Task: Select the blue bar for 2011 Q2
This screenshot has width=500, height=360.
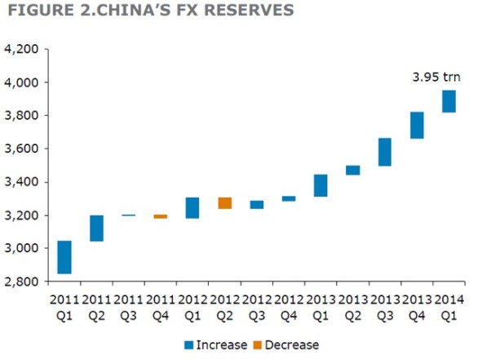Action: [96, 229]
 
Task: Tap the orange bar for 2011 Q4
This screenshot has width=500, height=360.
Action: [160, 216]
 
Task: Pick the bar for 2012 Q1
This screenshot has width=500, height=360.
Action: [192, 208]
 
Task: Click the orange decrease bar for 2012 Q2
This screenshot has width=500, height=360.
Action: [224, 203]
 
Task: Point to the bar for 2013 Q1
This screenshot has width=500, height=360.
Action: [321, 185]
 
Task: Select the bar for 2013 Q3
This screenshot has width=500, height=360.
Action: [385, 152]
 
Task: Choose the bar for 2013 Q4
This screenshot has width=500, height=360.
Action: [417, 125]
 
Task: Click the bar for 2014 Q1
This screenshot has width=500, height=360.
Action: [449, 101]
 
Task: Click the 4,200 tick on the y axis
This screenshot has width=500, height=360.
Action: [22, 49]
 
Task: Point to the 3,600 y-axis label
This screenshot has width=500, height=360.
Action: [22, 149]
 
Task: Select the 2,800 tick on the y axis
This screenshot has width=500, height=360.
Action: [22, 281]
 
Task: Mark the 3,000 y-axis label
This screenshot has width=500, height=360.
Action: [22, 248]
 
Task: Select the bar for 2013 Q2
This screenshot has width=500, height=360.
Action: [352, 170]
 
